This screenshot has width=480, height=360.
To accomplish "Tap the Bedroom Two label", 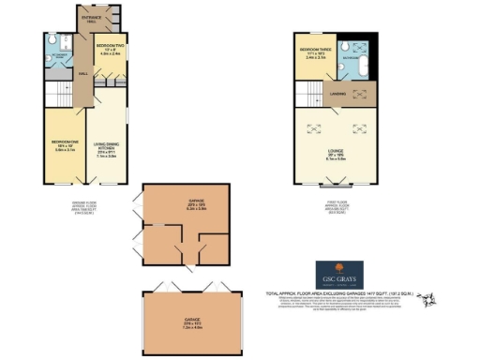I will [x=110, y=51].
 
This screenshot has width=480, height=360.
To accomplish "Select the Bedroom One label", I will [x=62, y=146].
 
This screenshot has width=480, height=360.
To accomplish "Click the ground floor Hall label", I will [x=83, y=74].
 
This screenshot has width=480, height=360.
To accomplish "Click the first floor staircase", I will [x=307, y=92].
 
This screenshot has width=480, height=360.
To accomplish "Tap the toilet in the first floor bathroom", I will [x=344, y=47].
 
